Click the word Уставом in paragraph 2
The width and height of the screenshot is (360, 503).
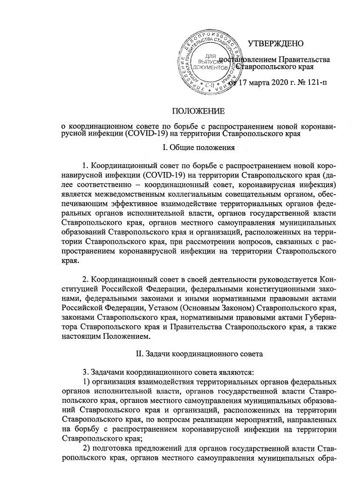pyautogui.click(x=159, y=310)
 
